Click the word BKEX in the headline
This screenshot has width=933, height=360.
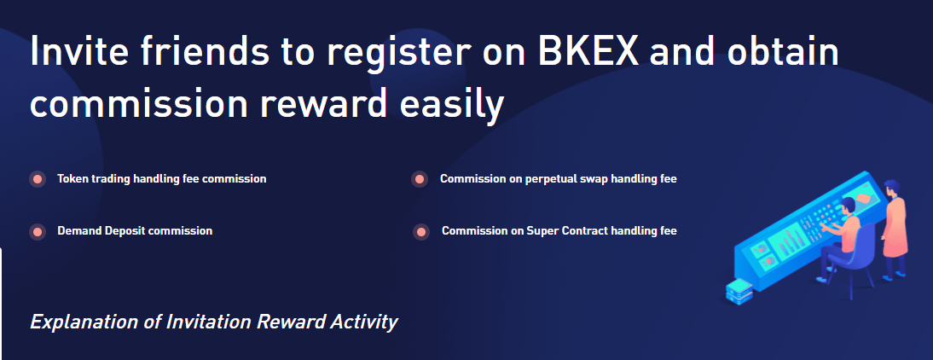tap(588, 50)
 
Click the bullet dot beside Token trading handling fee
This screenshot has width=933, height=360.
tap(38, 179)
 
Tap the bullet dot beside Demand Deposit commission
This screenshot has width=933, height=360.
tap(38, 231)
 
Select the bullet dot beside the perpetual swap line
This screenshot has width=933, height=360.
tap(420, 179)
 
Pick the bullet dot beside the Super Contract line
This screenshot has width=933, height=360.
tap(420, 231)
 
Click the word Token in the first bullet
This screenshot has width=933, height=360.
tap(71, 178)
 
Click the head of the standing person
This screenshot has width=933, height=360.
tap(890, 189)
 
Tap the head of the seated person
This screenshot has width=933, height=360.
tap(849, 206)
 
